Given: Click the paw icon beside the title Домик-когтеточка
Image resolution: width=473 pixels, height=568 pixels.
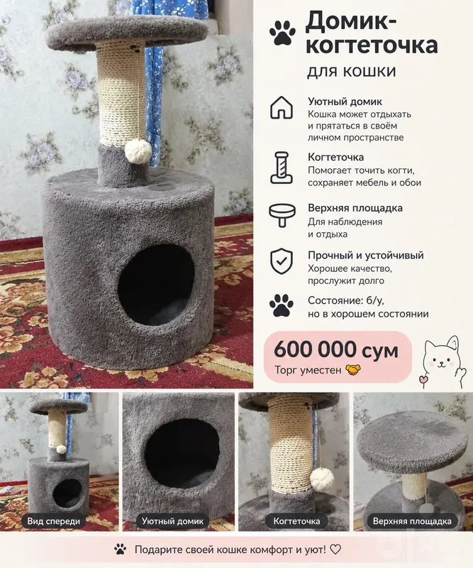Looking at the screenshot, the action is [x=282, y=33].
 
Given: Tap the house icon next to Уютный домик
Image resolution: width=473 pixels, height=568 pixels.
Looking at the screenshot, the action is [x=282, y=108].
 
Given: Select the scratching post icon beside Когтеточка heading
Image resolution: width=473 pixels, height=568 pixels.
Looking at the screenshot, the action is [x=282, y=168].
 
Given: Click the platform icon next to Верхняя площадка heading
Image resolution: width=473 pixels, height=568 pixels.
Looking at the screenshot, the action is [x=282, y=215].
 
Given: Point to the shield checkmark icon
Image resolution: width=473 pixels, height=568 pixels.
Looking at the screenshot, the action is [x=282, y=261].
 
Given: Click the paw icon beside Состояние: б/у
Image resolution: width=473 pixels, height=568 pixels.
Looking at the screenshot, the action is [x=282, y=305].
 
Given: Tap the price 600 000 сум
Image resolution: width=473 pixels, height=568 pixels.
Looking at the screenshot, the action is [x=336, y=350].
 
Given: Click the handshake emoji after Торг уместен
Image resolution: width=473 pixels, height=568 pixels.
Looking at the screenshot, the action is [x=353, y=370].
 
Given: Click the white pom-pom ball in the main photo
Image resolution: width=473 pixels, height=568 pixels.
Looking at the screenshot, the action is [x=138, y=151].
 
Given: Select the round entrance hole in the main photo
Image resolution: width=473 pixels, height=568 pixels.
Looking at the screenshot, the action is [x=156, y=285].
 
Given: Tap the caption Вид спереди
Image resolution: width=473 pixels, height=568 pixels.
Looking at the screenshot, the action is [x=54, y=521].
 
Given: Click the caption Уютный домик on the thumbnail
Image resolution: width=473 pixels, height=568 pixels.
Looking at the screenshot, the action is [x=172, y=521].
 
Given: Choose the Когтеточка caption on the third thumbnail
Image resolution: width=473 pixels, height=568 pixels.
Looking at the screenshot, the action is [x=296, y=521].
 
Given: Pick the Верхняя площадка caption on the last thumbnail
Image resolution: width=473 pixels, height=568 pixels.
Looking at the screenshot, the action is [x=412, y=521].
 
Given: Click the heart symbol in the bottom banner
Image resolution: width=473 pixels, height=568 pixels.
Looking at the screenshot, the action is [x=335, y=550].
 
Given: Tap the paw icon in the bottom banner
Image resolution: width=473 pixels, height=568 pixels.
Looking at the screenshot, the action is [x=120, y=550].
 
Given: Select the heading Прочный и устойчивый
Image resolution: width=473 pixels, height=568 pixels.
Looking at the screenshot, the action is [x=365, y=256].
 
